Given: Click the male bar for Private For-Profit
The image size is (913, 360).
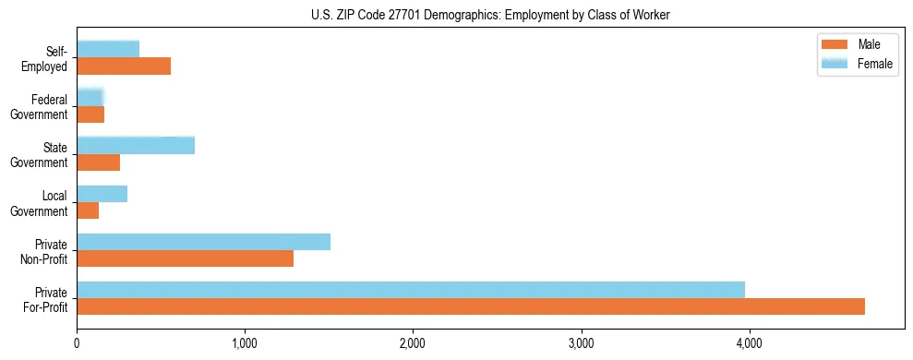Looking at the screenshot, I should [x=471, y=306].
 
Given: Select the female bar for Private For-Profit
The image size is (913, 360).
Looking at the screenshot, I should [x=411, y=290].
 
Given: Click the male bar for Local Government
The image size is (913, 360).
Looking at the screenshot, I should [x=88, y=210].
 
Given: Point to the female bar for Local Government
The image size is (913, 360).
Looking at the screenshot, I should [x=102, y=194].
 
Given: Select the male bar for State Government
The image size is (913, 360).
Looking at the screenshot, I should [x=98, y=162].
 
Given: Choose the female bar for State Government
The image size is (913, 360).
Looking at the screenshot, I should [x=136, y=145].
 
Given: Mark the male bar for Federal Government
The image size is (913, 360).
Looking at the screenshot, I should [x=90, y=114].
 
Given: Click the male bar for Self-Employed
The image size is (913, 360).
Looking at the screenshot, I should [x=124, y=66].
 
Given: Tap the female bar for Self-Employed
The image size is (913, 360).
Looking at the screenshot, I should [x=108, y=49].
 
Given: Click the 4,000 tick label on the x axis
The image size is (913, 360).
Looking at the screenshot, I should [x=749, y=343].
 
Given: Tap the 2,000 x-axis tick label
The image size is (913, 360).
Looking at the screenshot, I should [x=413, y=343].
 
